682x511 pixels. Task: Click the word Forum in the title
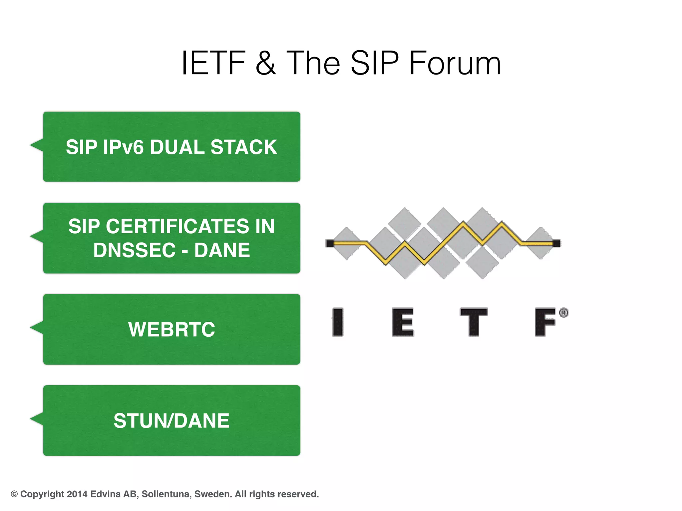pos(455,63)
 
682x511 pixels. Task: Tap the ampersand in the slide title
pos(266,63)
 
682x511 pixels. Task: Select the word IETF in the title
pos(213,63)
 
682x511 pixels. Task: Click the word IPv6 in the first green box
pos(123,147)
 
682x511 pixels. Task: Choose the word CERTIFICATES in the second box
pos(177,227)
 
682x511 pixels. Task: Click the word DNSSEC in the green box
pos(134,250)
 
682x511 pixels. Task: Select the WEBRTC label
pos(171,329)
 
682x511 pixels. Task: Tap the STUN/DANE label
pos(171,421)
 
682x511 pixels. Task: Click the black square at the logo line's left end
pos(330,243)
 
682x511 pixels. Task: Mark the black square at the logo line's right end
pos(556,243)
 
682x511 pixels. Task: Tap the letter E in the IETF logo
pos(403,322)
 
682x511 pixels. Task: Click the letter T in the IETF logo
pos(474,322)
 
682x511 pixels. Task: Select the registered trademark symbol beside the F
pos(563,313)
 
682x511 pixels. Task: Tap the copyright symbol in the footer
pos(14,494)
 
